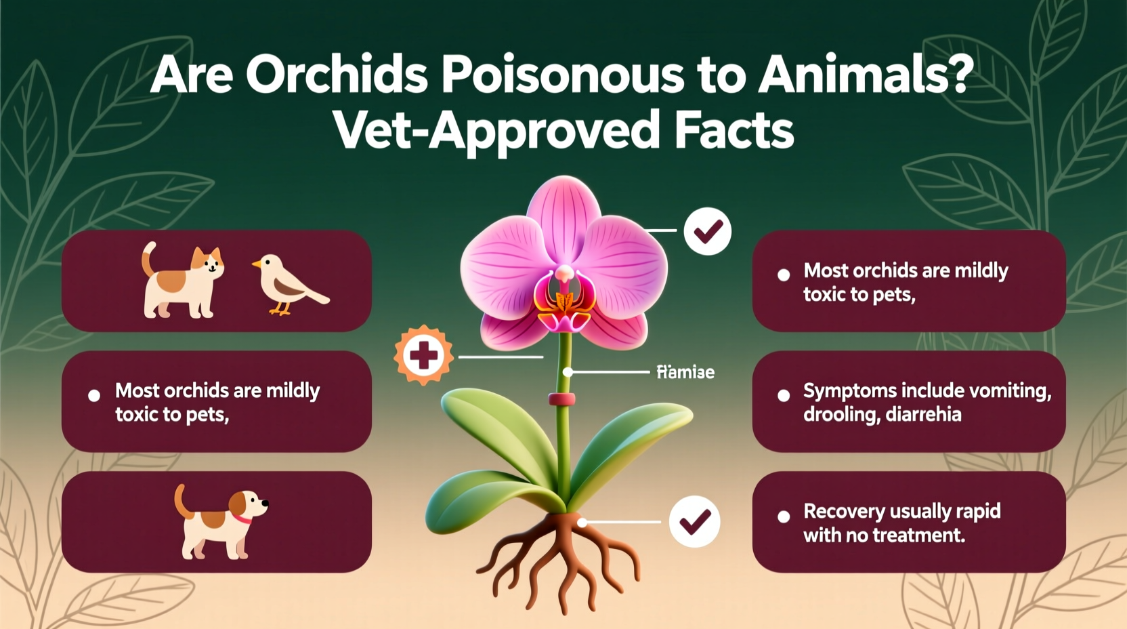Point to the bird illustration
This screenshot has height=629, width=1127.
pos(287,285)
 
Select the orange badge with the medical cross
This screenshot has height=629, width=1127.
pos(423,355)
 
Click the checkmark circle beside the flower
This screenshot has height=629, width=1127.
pos(707,231)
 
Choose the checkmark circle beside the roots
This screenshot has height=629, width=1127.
pos(694,521)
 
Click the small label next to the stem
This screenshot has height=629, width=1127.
pos(685,372)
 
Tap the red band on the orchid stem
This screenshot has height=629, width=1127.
pos(561,399)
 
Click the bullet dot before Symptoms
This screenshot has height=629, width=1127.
pos(784,395)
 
